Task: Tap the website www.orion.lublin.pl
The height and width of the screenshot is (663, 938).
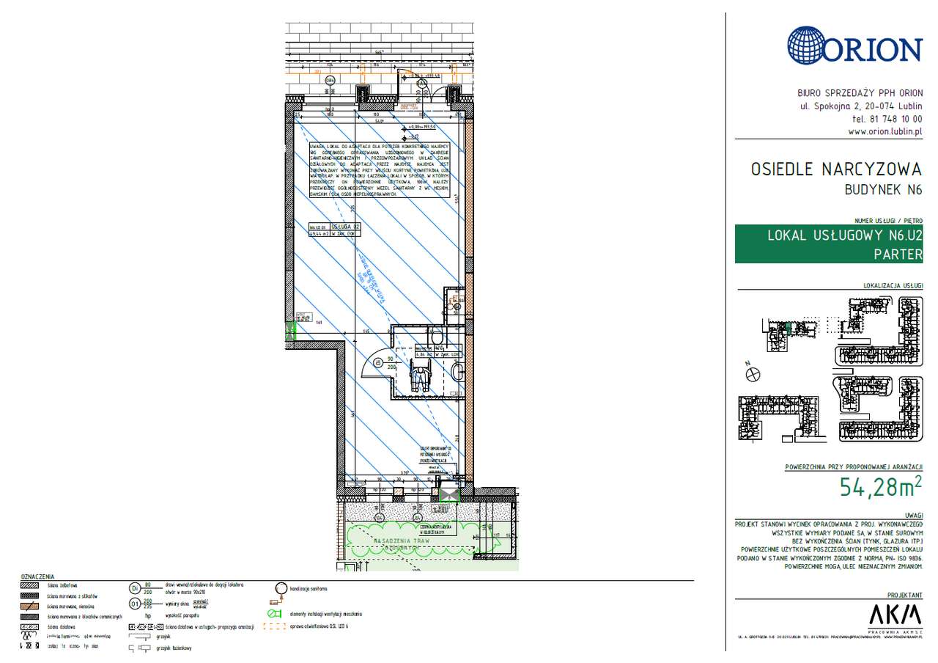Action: (x=885, y=132)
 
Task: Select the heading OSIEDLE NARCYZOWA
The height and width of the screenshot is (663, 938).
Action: (x=835, y=169)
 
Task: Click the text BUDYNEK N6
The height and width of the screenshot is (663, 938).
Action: (x=883, y=190)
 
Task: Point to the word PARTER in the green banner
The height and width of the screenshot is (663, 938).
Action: (x=898, y=254)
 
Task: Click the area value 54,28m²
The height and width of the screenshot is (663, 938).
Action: (x=880, y=487)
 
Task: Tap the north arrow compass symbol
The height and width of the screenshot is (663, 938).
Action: (x=751, y=375)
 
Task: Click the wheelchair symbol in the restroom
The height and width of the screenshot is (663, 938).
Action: (x=419, y=378)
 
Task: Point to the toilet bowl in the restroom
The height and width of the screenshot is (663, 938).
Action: (x=437, y=336)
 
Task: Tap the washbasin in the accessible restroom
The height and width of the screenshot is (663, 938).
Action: (x=458, y=374)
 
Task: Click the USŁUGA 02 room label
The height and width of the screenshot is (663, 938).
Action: (x=345, y=227)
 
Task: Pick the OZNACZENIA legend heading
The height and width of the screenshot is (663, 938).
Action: (x=37, y=577)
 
